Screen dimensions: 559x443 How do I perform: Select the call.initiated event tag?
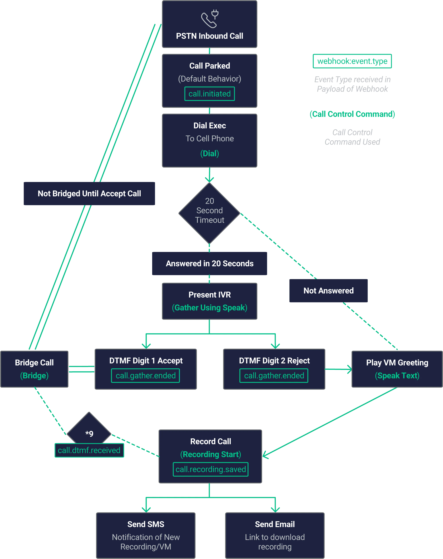click(209, 94)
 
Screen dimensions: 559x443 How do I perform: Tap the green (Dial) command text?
click(209, 153)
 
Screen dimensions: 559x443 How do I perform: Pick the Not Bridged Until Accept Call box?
click(89, 193)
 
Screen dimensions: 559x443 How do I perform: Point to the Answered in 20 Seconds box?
click(209, 263)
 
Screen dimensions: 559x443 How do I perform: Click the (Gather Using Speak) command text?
click(209, 308)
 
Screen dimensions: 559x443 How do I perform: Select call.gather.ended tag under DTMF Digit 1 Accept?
click(146, 375)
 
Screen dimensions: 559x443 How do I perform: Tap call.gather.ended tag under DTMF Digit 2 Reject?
click(274, 375)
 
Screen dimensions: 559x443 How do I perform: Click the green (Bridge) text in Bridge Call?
click(34, 375)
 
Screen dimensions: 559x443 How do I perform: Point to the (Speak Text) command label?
click(397, 375)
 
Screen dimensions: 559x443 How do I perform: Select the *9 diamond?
click(89, 430)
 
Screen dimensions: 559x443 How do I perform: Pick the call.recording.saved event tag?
click(210, 469)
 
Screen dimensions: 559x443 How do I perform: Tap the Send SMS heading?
click(146, 524)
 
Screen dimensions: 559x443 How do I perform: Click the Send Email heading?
click(275, 524)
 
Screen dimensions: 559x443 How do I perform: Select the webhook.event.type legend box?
click(352, 61)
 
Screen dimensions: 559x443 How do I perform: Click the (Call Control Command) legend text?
click(352, 114)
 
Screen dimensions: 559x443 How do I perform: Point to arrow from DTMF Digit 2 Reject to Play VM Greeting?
click(338, 369)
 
